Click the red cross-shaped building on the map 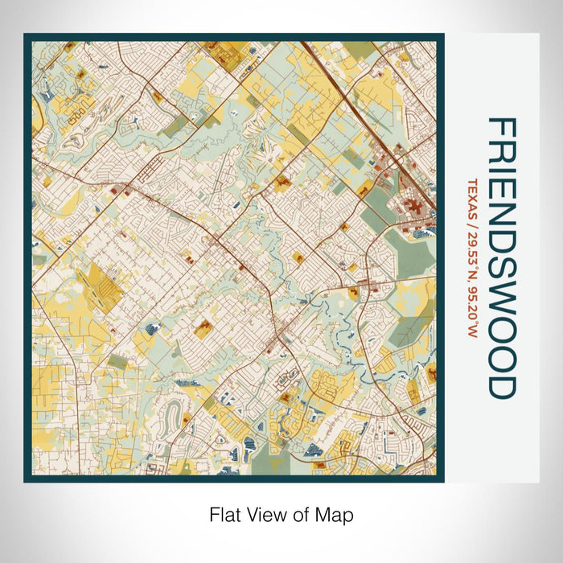click(417, 208)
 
